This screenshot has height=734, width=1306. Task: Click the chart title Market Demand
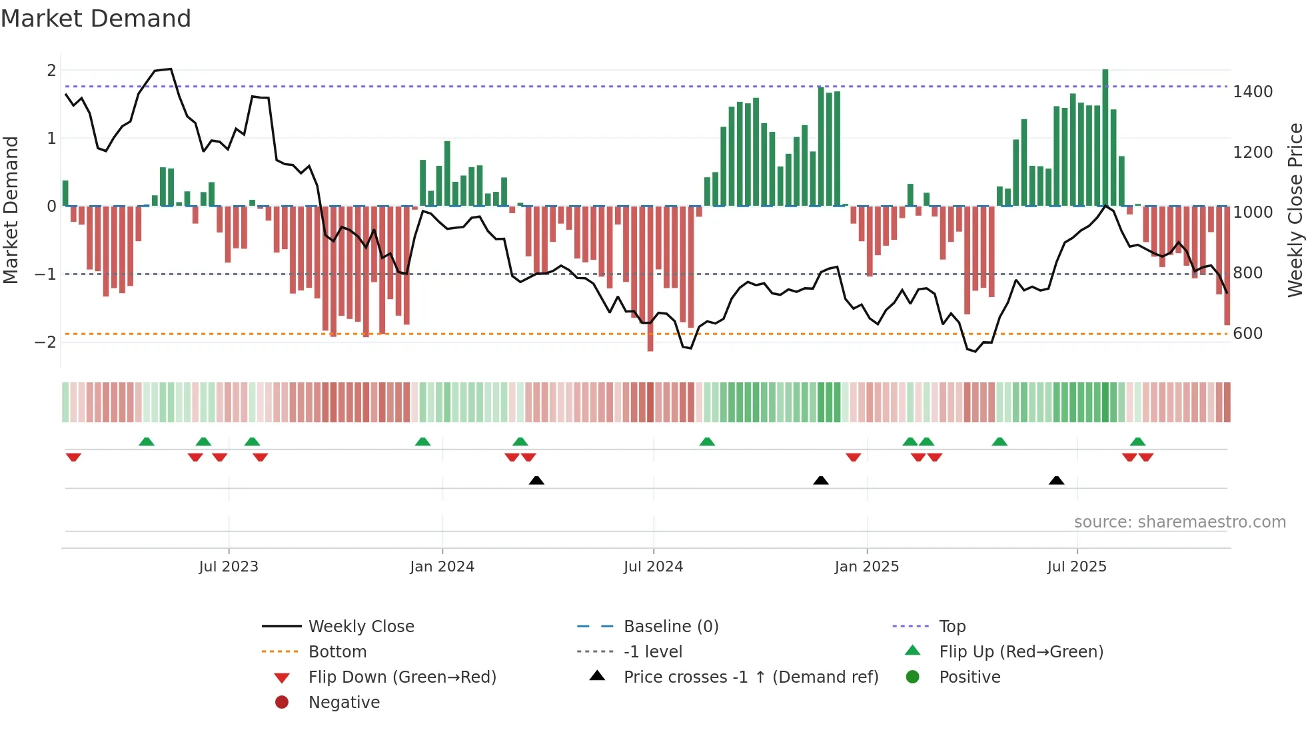[96, 19]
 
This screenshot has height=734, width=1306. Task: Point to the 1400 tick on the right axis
[1253, 92]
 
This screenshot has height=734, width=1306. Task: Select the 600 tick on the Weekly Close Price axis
[1247, 334]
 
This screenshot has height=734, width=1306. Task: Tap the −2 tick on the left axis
[45, 342]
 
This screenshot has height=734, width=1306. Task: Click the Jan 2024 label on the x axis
[442, 567]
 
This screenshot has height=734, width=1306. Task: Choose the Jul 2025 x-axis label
[1076, 567]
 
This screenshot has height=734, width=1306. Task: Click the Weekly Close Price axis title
[1295, 210]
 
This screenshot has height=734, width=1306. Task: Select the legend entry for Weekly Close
[360, 627]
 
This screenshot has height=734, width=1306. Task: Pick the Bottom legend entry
[337, 652]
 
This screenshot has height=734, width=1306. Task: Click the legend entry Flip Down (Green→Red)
[402, 677]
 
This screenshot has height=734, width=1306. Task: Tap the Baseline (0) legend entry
[670, 627]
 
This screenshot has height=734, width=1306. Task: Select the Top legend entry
[952, 627]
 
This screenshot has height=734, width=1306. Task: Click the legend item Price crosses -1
[750, 677]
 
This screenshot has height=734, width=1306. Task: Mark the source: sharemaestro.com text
[1179, 522]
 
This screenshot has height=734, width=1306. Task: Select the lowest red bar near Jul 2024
[650, 280]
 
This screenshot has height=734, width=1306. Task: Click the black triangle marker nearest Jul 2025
[1056, 480]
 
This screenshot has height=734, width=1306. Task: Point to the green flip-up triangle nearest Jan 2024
[422, 442]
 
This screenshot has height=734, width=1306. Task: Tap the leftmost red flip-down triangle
[73, 457]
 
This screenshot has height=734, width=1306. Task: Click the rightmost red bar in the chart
[1227, 266]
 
